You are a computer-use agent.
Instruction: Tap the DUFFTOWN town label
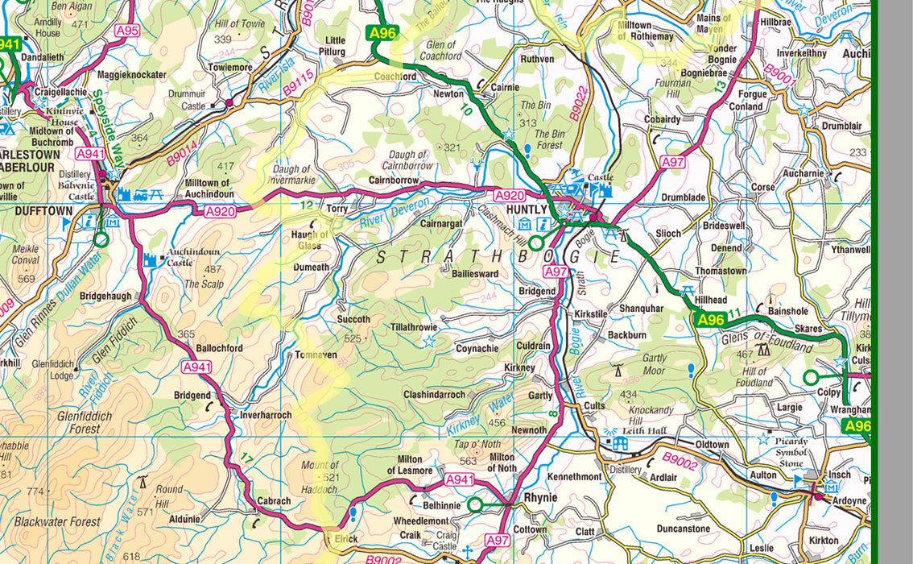43,210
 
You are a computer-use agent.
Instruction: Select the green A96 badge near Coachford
382,33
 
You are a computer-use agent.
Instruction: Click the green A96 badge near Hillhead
711,320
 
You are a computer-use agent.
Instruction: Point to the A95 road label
127,31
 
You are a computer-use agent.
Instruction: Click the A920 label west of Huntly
510,196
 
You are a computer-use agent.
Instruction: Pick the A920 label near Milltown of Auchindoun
219,211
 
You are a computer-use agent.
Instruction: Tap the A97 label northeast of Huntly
672,162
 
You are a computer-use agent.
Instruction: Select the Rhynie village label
540,498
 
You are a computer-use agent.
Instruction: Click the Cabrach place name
274,500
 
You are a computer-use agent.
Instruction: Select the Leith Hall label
651,431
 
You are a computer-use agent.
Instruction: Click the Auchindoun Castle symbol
150,259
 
